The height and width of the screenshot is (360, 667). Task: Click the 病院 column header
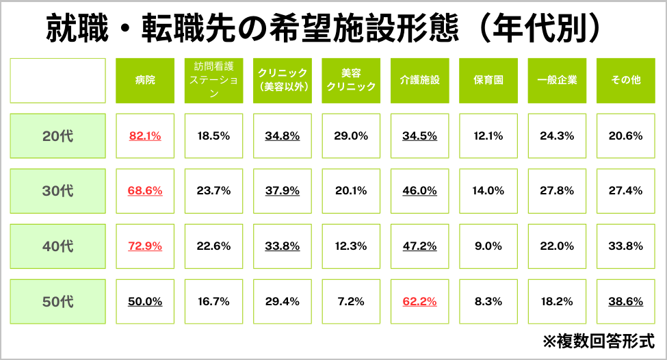[145, 81]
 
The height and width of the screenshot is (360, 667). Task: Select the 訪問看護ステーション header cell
[214, 81]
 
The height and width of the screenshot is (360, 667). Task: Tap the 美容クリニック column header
[351, 81]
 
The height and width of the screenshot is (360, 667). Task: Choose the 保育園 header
[488, 81]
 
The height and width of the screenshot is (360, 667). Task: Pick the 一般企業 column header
[557, 81]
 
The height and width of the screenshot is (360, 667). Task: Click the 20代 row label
[57, 136]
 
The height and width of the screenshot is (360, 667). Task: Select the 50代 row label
[57, 301]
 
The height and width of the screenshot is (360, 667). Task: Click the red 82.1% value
[145, 136]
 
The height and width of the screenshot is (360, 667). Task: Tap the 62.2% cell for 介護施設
[419, 301]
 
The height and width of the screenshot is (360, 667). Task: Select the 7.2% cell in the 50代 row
[351, 301]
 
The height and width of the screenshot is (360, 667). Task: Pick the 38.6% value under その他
[626, 301]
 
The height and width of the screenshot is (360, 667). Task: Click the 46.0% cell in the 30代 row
[419, 191]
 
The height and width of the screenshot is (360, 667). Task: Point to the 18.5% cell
[213, 136]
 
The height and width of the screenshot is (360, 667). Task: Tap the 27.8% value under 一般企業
[557, 191]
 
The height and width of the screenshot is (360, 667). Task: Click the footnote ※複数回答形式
[598, 340]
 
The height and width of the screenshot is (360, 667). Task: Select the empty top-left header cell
[57, 81]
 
